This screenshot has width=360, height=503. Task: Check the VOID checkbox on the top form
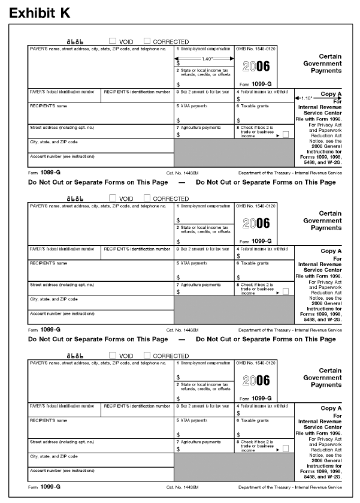113,41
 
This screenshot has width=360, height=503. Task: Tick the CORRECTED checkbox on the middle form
147,197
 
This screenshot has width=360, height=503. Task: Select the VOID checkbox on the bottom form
113,356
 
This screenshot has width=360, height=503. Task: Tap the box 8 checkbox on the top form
285,134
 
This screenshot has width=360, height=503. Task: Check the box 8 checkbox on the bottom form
285,448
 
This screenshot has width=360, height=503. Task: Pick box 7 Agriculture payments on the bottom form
204,448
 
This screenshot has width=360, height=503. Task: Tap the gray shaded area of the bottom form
234,465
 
